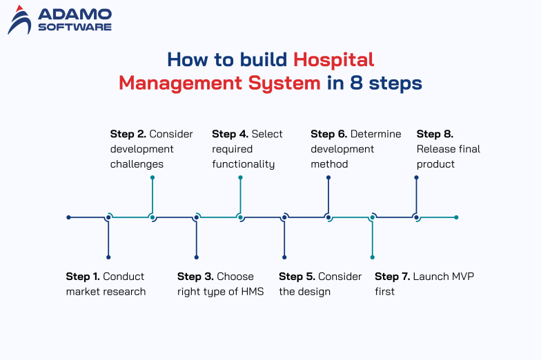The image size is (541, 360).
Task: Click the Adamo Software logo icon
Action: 19,19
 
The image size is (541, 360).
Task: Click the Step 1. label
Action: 83,277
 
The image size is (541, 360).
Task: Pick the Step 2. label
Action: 128,134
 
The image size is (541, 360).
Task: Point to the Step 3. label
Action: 195,277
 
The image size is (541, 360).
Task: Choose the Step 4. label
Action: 230,134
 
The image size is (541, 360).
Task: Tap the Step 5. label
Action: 297,277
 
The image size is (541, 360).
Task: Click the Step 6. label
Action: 328,134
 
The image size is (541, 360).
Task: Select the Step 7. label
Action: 392,277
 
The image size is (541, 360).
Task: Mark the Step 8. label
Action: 435,134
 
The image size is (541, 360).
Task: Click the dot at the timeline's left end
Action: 68,217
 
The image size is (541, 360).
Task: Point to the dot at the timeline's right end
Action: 456,217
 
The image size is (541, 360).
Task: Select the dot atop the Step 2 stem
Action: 153,177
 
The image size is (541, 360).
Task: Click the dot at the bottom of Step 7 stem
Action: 373,257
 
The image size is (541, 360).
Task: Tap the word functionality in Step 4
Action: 244,164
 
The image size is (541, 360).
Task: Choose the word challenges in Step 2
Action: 137,164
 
